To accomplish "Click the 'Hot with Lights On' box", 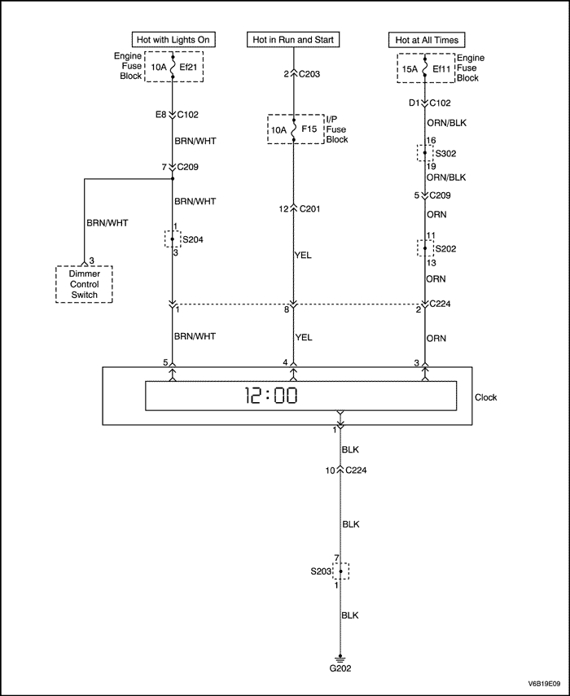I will [x=173, y=39].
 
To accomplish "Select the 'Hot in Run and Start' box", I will [x=293, y=39].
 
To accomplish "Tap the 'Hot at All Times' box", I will [x=425, y=39].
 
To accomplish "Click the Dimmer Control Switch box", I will [x=84, y=283].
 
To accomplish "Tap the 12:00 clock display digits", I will [x=272, y=396].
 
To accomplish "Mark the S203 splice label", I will [x=320, y=571].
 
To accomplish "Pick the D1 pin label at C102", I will [x=413, y=103].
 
